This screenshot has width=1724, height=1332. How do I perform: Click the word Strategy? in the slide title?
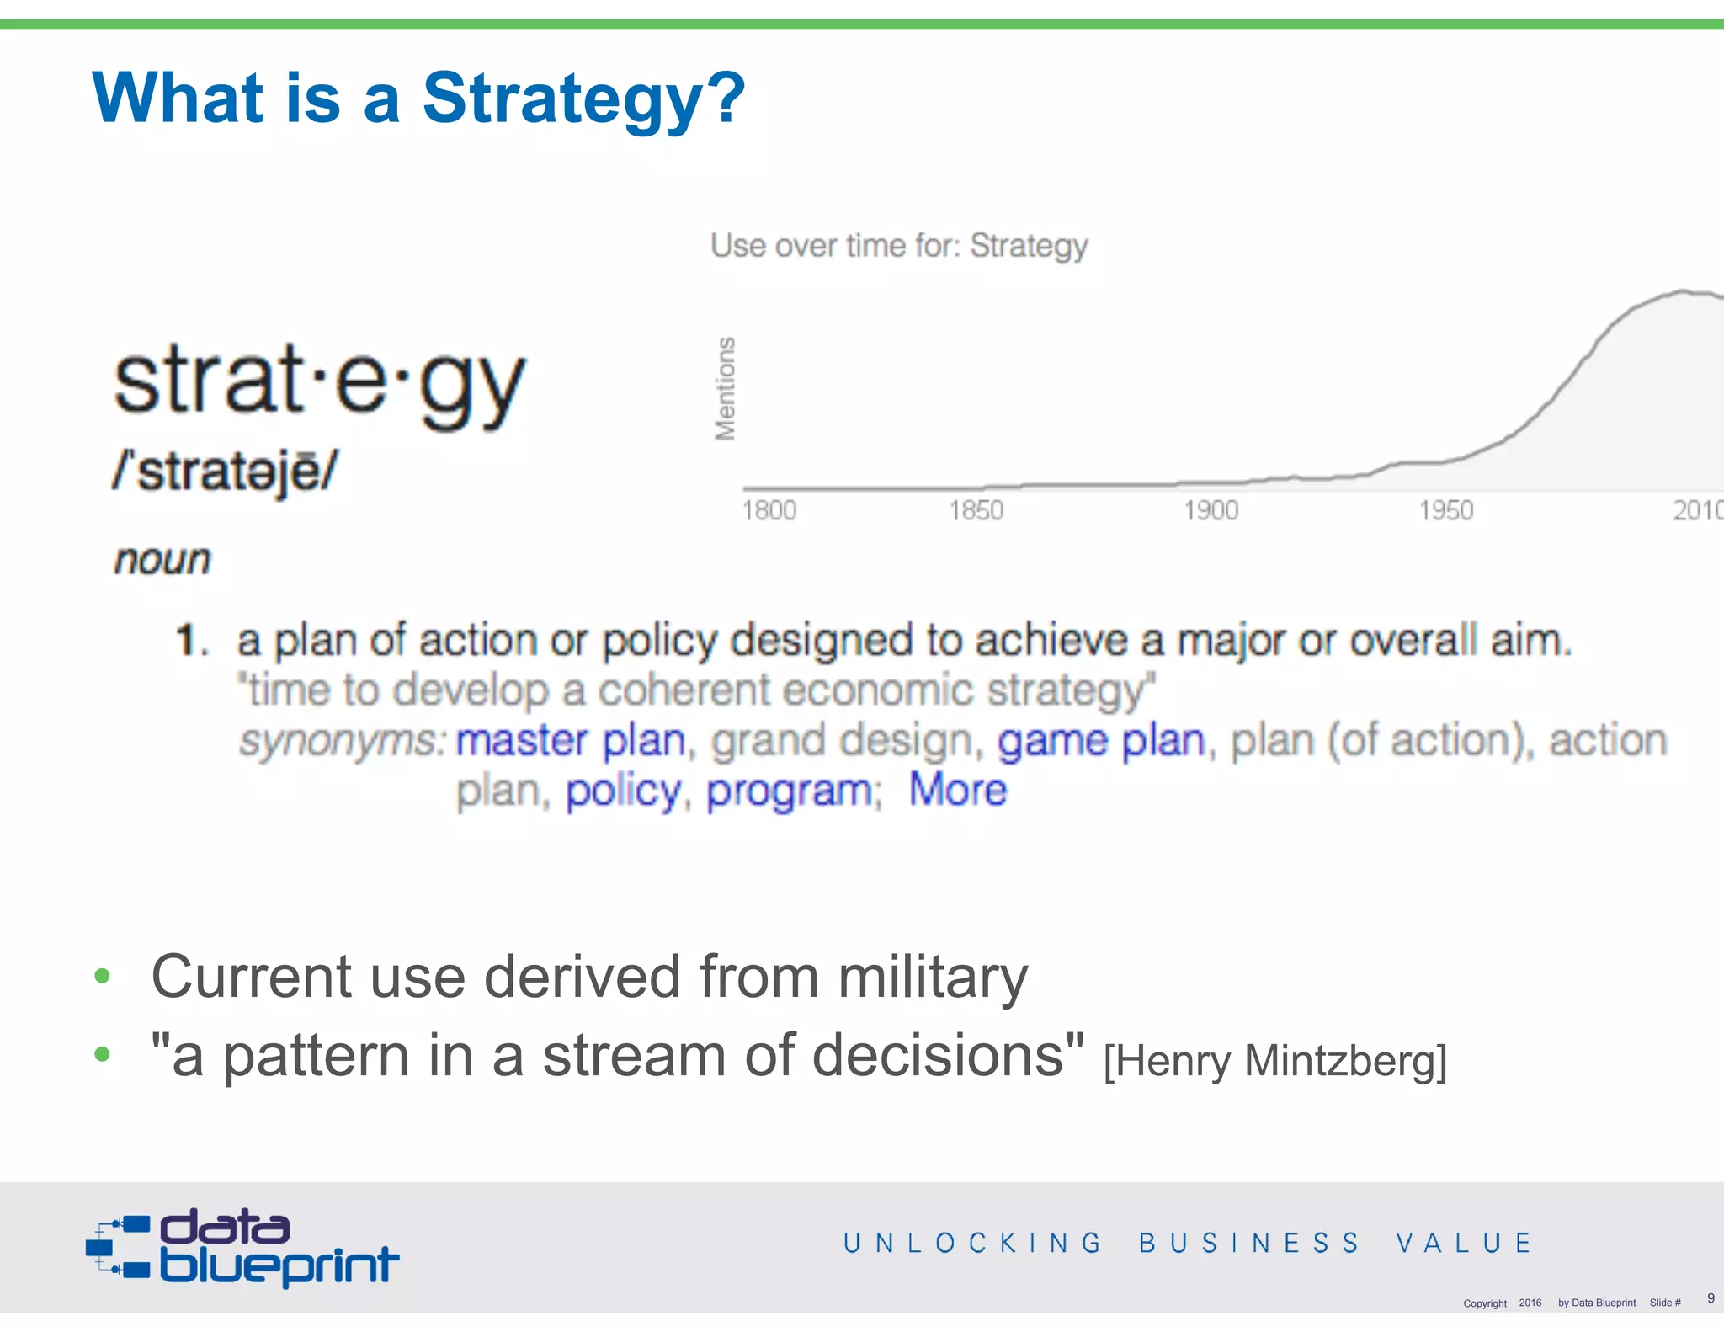click(x=583, y=99)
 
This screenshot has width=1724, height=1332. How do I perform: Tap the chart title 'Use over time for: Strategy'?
click(x=898, y=246)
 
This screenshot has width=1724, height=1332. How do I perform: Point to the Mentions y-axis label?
click(x=725, y=388)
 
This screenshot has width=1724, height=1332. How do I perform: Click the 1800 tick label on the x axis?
click(x=769, y=510)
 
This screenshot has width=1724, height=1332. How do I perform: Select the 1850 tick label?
click(x=976, y=510)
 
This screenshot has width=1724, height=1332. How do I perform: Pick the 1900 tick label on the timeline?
click(x=1211, y=510)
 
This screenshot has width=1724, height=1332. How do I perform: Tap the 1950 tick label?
click(x=1445, y=510)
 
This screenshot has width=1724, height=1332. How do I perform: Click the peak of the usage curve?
click(x=1684, y=292)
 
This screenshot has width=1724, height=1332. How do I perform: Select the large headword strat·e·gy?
click(x=320, y=383)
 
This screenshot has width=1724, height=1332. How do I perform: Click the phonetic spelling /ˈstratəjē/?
click(x=226, y=471)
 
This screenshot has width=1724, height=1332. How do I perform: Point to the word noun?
click(x=162, y=560)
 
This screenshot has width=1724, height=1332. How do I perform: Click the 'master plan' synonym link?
click(x=571, y=741)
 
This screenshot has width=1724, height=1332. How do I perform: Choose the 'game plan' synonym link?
click(x=1101, y=741)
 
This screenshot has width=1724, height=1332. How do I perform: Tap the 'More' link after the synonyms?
click(x=957, y=790)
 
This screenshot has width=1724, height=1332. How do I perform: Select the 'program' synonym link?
click(x=789, y=791)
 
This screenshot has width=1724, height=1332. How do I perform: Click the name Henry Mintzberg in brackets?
click(x=1274, y=1061)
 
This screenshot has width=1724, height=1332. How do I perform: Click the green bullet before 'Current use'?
click(x=103, y=976)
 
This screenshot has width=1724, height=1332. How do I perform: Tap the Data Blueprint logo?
click(x=242, y=1248)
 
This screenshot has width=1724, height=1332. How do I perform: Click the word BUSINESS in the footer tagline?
click(x=1249, y=1243)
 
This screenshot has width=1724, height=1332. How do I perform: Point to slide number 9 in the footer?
click(x=1711, y=1297)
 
